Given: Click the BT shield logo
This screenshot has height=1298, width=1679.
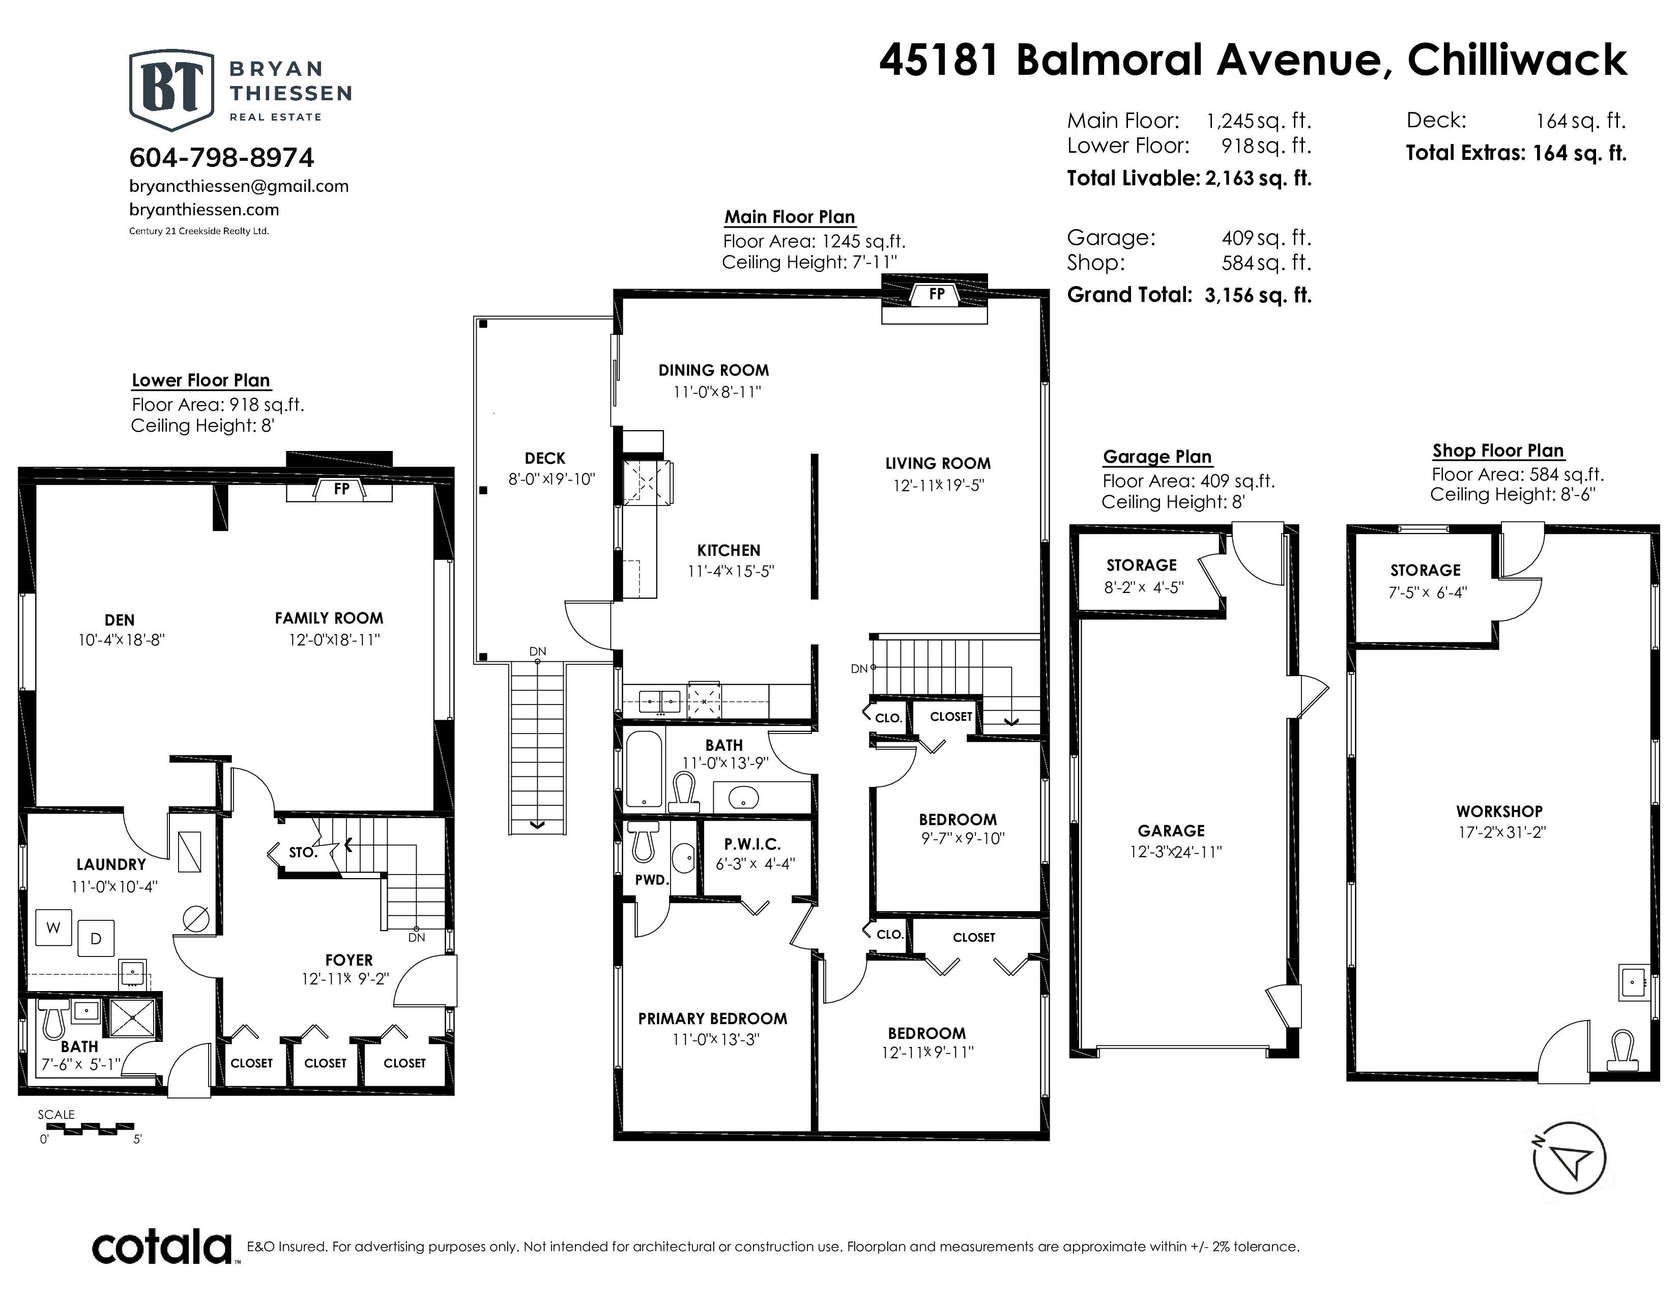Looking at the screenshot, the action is click(171, 90).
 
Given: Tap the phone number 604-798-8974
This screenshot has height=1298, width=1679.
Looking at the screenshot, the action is click(221, 158).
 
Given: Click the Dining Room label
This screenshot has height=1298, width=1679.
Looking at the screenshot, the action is click(713, 370).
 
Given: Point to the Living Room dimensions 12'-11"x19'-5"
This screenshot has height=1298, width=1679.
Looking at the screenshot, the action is click(938, 485).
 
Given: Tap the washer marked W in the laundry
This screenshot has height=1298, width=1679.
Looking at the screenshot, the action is click(53, 928).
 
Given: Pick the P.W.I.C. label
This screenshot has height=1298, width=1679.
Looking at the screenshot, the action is click(752, 844).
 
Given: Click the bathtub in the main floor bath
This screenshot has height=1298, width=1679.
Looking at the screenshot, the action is click(644, 769).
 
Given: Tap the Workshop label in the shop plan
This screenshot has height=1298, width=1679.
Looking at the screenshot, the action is click(1498, 811).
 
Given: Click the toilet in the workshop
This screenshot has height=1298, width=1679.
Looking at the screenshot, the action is click(1622, 1051).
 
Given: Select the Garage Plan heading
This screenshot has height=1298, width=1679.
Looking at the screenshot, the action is click(1157, 457).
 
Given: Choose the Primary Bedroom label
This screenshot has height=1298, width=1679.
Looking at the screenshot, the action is click(713, 1019).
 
